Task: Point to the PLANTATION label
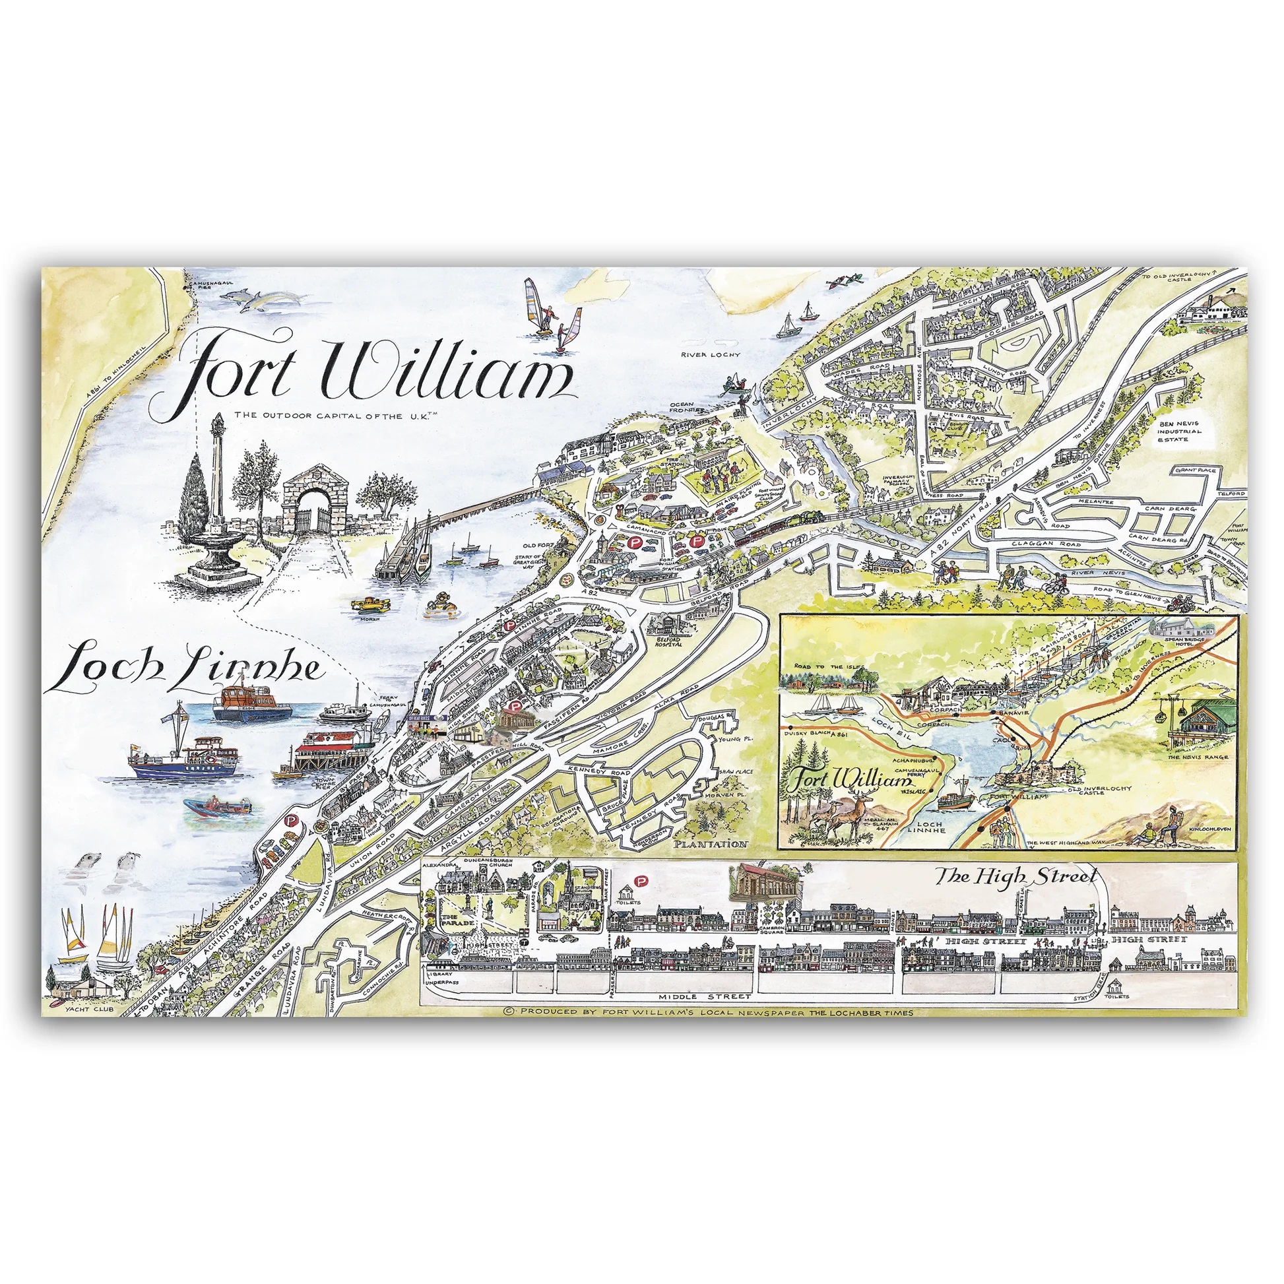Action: (x=710, y=844)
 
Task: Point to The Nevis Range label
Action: (x=1198, y=757)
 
